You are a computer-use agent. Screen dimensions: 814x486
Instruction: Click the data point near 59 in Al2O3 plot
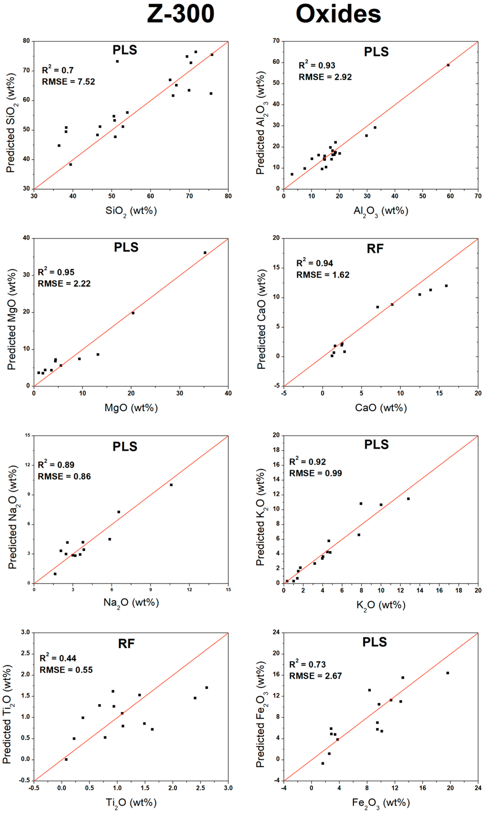(448, 65)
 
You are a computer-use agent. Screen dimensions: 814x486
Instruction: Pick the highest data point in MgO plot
(205, 253)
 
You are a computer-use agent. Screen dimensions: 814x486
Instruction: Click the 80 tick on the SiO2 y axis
(26, 41)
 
